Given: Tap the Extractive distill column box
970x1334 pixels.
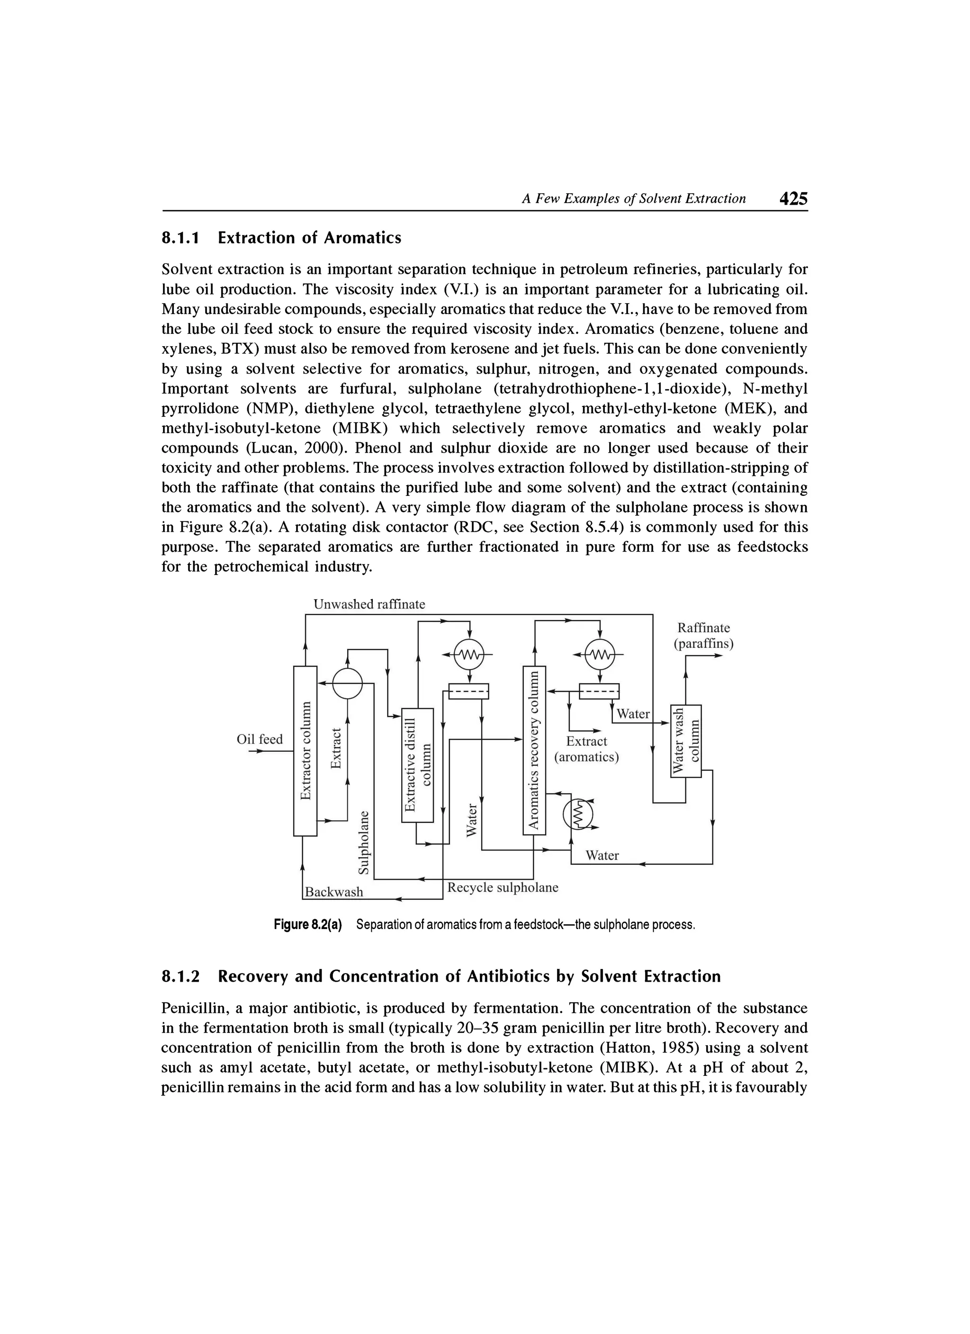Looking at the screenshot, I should (417, 765).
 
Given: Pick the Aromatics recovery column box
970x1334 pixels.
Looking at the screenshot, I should (534, 750).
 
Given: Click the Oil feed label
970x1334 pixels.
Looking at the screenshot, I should (260, 739).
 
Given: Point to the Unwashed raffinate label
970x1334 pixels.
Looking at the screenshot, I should (369, 604).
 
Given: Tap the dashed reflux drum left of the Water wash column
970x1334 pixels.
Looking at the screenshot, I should (600, 691).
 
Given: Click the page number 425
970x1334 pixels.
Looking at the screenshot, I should (793, 199).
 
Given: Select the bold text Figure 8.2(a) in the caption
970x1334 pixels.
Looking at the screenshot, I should (308, 925).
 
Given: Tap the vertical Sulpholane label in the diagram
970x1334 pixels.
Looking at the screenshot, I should (365, 842).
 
